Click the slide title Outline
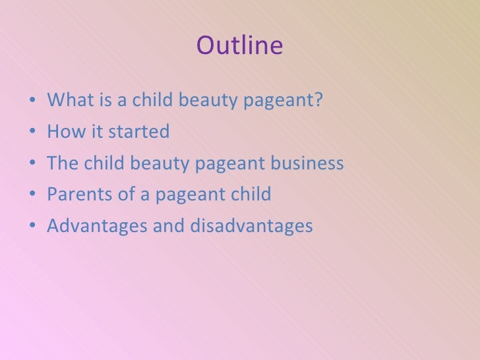[239, 46]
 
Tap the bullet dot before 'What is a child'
[32, 101]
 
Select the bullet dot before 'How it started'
[32, 133]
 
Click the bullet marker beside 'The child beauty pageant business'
[32, 164]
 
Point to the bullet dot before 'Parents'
[32, 196]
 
